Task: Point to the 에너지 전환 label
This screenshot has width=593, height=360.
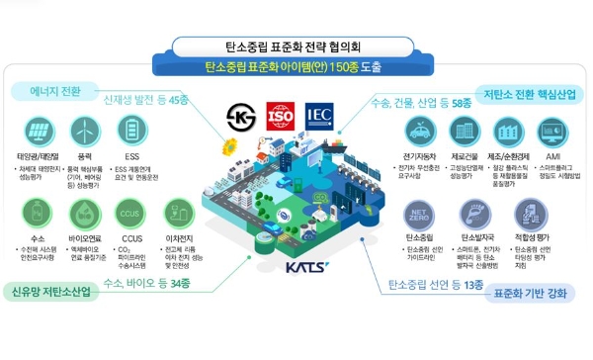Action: tap(58, 90)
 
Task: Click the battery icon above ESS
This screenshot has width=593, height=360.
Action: tap(132, 131)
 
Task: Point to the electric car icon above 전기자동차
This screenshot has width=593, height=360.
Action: tap(421, 132)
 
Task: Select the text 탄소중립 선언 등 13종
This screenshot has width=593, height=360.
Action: tap(434, 286)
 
